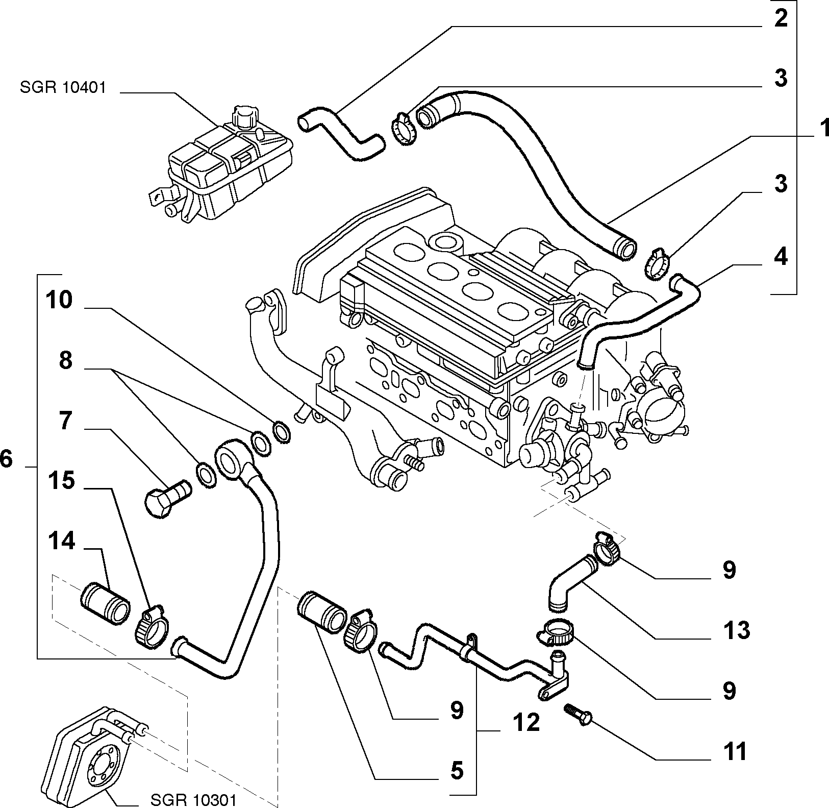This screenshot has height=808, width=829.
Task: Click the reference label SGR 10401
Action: pyautogui.click(x=63, y=87)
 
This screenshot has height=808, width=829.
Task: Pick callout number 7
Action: pyautogui.click(x=65, y=422)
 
